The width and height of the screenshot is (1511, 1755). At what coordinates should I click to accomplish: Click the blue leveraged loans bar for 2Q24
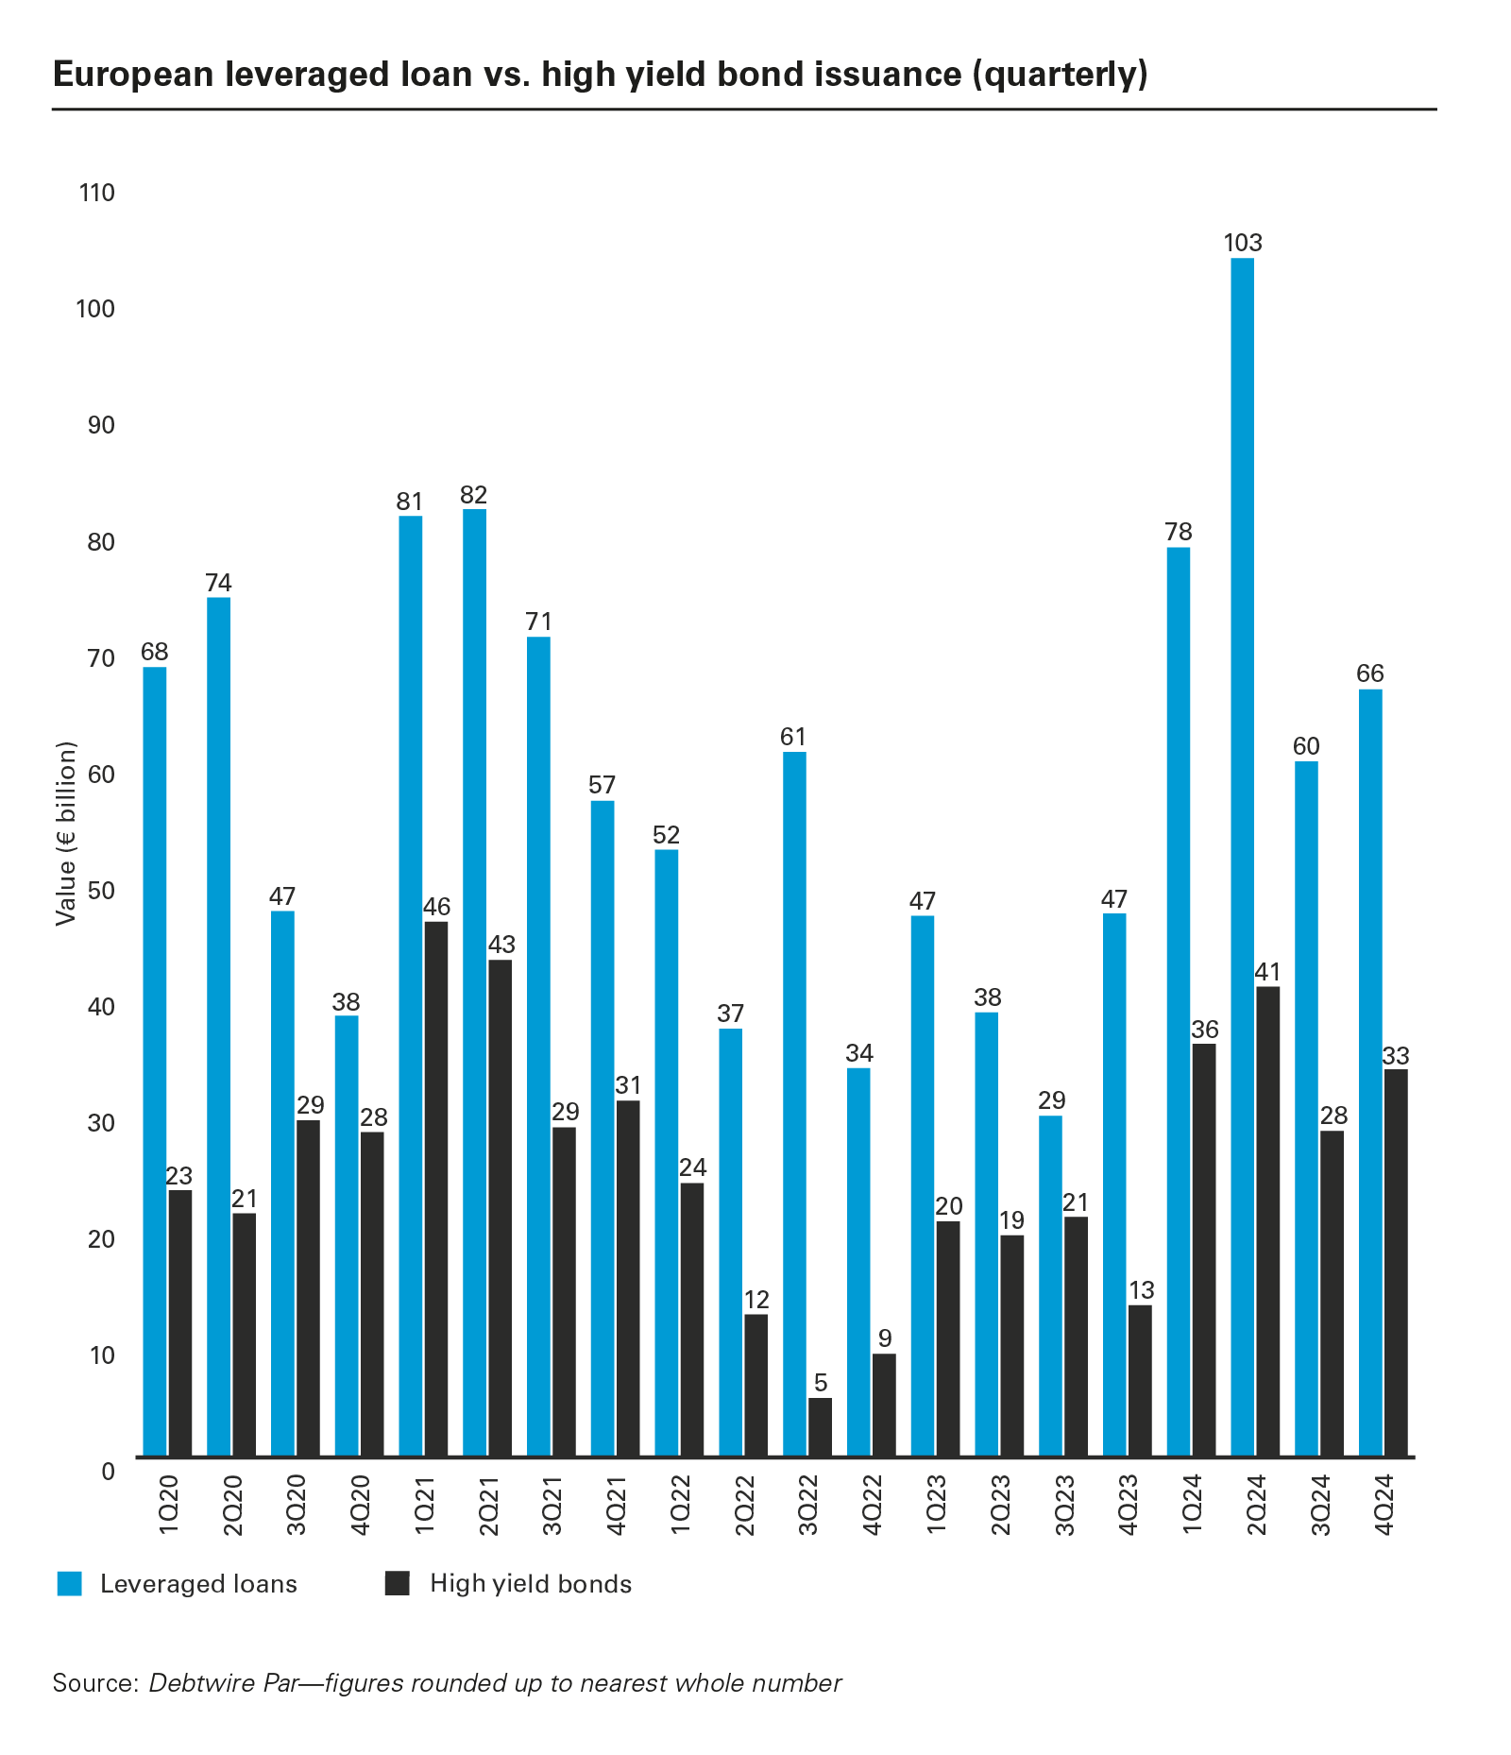tap(1242, 850)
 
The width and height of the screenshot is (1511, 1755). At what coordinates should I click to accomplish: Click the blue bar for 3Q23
tap(1050, 1285)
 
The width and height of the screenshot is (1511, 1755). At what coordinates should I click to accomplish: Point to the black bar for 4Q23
tap(1140, 1379)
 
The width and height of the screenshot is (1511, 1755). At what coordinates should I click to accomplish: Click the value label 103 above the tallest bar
tap(1242, 243)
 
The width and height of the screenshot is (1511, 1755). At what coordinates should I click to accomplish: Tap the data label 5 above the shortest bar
tap(820, 1383)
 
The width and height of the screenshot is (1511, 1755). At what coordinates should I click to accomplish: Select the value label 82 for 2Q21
tap(473, 494)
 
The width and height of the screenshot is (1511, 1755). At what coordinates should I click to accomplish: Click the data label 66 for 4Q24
tap(1369, 673)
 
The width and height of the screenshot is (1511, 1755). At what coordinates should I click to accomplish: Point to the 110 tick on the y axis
tap(98, 194)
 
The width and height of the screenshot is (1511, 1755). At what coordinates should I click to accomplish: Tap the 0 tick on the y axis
tap(108, 1472)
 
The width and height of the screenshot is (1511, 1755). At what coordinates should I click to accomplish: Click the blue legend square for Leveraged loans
tap(70, 1584)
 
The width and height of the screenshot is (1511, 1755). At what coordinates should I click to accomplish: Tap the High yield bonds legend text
tap(530, 1584)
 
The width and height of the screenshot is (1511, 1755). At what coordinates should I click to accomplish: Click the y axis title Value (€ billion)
tap(65, 834)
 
